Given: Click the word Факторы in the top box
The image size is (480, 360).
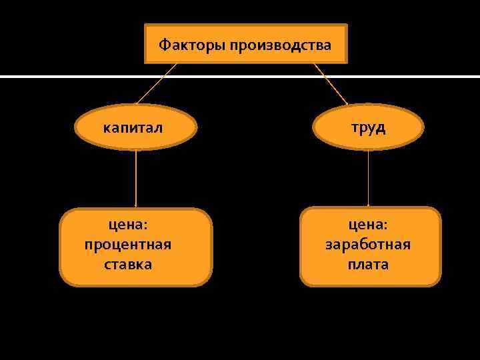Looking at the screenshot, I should pos(191,45).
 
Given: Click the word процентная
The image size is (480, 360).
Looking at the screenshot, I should pos(128,245).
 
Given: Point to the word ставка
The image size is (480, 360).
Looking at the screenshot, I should pos(128,265).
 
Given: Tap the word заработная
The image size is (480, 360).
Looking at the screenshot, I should pos(368,245).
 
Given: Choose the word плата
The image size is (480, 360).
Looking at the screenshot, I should pos(368,265).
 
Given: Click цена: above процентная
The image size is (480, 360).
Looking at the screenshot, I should pos(128,225).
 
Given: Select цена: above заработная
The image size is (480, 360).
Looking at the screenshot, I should pos(368,225).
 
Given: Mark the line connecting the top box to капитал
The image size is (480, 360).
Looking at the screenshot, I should pos(157,83).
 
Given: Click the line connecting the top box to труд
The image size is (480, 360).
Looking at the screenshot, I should pos(330,83).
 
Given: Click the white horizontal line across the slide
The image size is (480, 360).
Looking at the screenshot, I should pos(67,77).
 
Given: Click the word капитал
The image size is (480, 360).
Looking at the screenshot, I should pos(132,127).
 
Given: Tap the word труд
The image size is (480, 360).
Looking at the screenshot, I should pos(369,127).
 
